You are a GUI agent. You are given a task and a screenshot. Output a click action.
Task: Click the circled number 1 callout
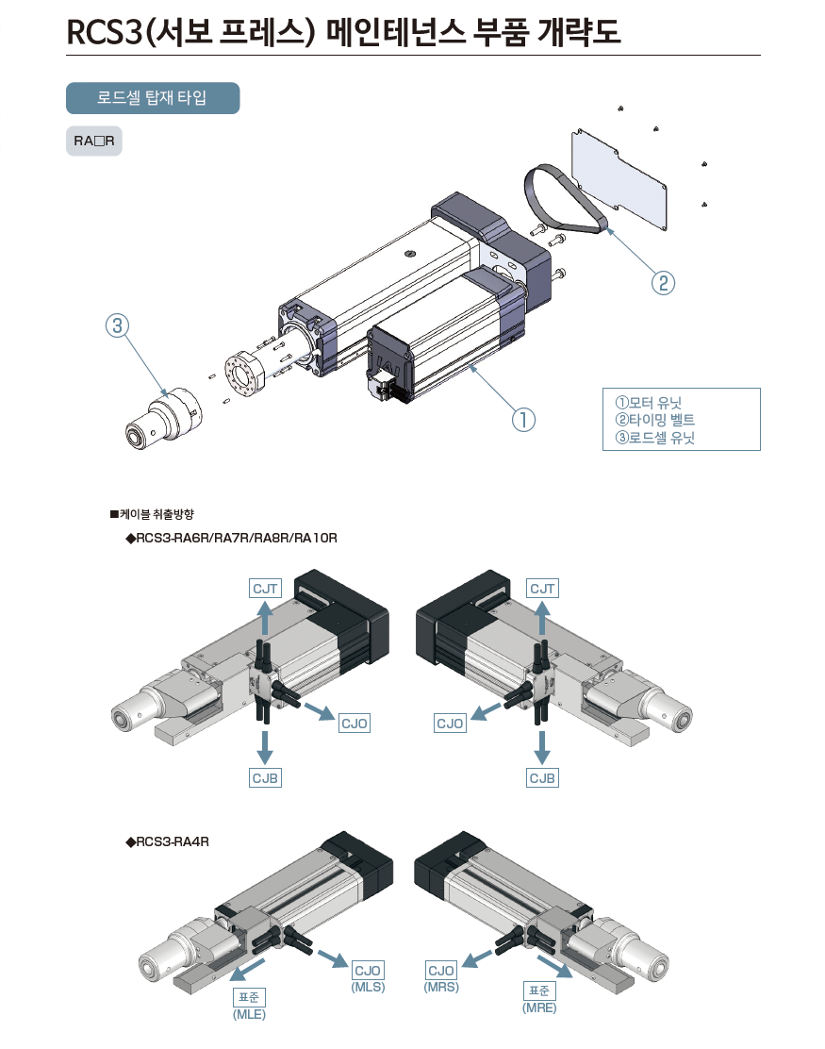523,419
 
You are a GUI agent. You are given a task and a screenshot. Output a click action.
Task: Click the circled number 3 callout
116,326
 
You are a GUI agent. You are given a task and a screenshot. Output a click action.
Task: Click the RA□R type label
93,142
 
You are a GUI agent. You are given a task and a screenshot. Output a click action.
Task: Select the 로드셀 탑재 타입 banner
152,98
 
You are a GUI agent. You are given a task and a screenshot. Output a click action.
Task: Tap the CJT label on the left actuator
265,589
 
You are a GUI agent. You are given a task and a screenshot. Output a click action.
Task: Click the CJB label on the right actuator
542,778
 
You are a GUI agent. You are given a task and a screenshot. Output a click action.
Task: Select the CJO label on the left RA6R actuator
355,724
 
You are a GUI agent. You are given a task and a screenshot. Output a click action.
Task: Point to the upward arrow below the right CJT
542,621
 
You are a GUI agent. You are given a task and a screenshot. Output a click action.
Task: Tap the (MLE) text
249,1015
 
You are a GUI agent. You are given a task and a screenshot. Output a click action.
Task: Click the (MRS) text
441,987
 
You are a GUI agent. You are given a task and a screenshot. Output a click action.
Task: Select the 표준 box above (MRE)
539,991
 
